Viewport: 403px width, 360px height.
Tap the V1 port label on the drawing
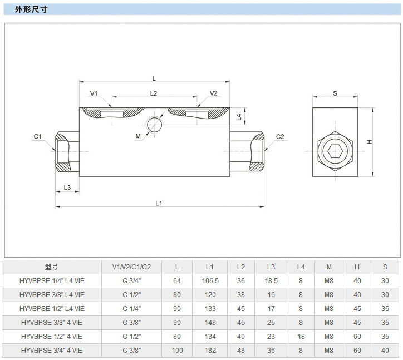coord(94,93)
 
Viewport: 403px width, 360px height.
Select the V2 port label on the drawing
coord(213,93)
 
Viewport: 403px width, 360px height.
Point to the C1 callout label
coord(38,136)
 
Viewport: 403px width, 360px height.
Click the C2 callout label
coord(280,136)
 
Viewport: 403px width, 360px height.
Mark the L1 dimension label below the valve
coord(159,203)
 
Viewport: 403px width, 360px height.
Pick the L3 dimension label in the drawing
coord(67,188)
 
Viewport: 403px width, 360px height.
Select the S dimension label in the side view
coord(335,93)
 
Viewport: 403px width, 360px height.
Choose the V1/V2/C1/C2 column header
coord(131,267)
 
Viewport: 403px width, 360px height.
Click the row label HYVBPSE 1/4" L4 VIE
coord(52,280)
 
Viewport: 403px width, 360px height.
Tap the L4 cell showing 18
coord(301,337)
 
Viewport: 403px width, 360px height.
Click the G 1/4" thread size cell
coord(131,308)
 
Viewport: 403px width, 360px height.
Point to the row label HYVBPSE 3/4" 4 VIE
coord(52,351)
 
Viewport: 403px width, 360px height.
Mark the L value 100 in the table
coord(177,351)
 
